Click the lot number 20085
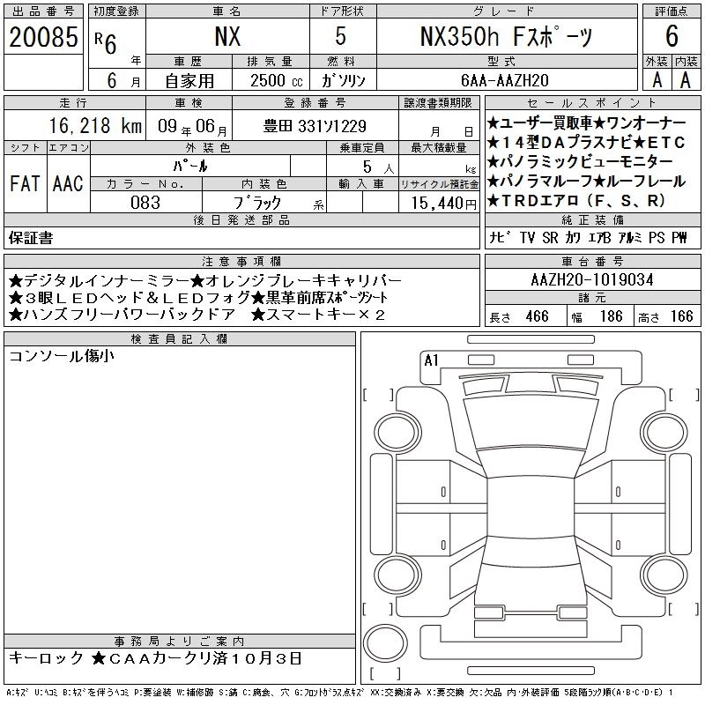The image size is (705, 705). pos(43,37)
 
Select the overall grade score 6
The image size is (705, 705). pos(672,36)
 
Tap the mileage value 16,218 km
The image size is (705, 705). pos(95,126)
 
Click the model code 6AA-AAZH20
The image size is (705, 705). pos(505,80)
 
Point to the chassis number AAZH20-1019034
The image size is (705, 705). pos(592,280)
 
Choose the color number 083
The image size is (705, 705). pos(145,203)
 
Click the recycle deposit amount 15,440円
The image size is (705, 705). pos(444,204)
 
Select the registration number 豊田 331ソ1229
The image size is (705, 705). pos(315,126)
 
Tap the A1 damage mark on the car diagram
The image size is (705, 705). pos(431,360)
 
